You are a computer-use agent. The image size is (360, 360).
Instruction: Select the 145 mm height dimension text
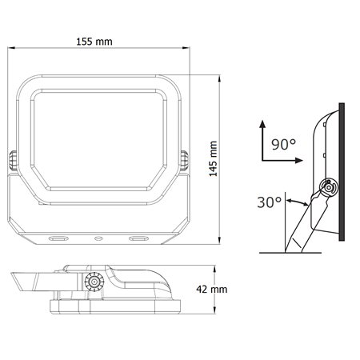click(x=213, y=160)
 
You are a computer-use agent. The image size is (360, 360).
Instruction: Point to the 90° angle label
click(x=284, y=145)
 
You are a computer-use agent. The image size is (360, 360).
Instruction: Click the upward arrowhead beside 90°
click(x=261, y=123)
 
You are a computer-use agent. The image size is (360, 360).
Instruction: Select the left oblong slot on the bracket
click(x=58, y=238)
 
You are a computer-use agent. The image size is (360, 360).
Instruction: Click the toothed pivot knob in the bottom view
click(x=94, y=282)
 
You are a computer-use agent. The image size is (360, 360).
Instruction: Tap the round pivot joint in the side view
click(x=326, y=190)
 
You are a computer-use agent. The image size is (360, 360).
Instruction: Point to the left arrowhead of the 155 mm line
click(x=11, y=50)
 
